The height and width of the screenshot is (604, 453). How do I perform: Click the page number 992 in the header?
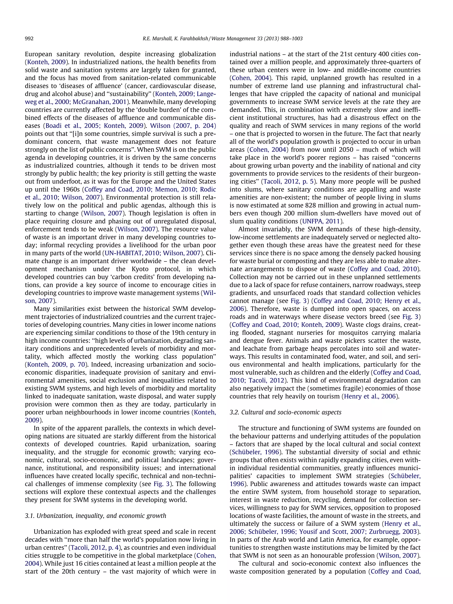(29, 38)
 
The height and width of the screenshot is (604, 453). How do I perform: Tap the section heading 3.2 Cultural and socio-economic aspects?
(285, 412)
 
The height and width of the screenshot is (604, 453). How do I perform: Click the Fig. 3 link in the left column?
(162, 484)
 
